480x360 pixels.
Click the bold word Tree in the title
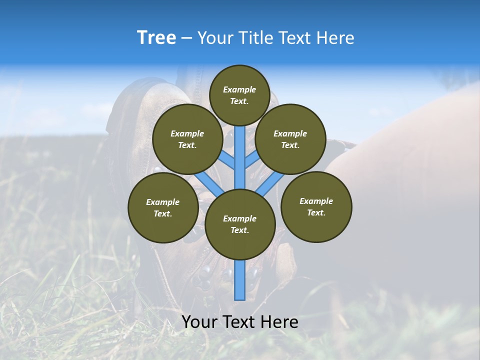(x=156, y=38)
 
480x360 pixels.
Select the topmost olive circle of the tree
(x=239, y=95)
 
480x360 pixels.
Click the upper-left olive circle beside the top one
(x=187, y=139)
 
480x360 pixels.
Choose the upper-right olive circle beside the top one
(x=290, y=139)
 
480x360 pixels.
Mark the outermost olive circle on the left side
(x=163, y=207)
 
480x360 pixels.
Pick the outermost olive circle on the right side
(x=316, y=206)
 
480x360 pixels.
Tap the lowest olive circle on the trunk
(x=240, y=224)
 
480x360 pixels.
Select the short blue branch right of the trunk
(x=252, y=159)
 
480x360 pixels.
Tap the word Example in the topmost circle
(x=239, y=90)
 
